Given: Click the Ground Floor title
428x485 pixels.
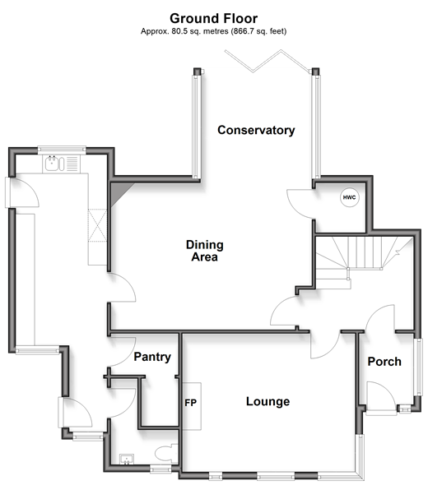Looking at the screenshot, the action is point(214,19).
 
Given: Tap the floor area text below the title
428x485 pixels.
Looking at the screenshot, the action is point(214,31).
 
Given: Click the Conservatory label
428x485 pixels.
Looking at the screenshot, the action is point(256,130).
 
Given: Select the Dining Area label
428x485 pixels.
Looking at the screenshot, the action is point(205,251).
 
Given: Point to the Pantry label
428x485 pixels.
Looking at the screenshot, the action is point(152,357).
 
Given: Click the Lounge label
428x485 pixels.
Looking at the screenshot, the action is point(267,401).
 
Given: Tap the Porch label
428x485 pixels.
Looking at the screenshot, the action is point(384,362).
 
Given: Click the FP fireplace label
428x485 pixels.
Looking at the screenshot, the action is point(190,403).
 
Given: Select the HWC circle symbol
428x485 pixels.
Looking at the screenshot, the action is point(350,197).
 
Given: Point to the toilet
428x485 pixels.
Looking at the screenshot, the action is point(166,454).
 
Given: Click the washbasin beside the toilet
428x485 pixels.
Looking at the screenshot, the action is point(127,460).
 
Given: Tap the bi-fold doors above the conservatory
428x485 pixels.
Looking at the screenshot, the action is point(267,62).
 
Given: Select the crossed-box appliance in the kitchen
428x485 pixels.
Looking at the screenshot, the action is point(97,225).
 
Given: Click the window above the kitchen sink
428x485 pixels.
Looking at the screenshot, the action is point(62,150).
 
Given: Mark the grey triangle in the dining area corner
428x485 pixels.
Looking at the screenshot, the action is point(119,192).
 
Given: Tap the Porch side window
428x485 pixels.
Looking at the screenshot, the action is point(418,367).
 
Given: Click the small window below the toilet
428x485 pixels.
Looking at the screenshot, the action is point(160,470).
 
